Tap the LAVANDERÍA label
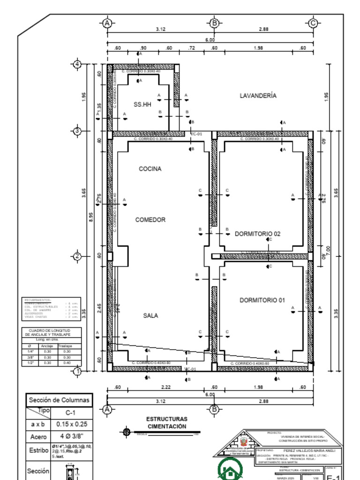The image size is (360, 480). (x=258, y=96)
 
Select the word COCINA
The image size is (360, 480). (x=150, y=169)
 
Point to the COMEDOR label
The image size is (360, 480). (x=150, y=219)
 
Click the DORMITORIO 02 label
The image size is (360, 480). (x=257, y=233)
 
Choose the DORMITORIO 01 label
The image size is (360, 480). (x=262, y=300)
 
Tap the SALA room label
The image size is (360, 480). (x=150, y=316)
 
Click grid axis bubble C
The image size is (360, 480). (x=313, y=22)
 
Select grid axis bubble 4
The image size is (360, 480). (x=78, y=64)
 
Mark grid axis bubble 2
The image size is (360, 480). (x=78, y=256)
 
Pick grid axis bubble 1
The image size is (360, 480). (x=78, y=371)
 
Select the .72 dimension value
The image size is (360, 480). (x=191, y=48)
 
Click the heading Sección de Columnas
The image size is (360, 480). (x=59, y=400)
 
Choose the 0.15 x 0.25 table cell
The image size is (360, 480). (x=72, y=424)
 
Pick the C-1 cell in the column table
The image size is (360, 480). (x=72, y=412)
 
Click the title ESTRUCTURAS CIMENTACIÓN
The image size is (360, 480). (x=167, y=422)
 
